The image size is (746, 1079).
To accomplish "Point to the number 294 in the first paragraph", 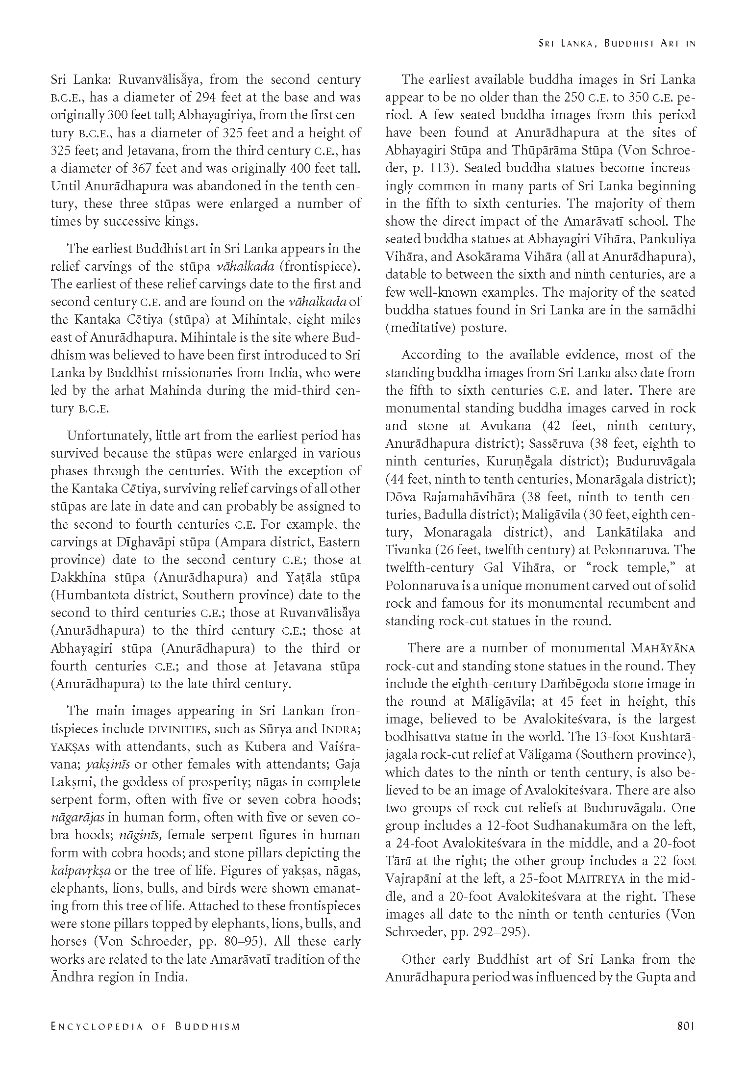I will (208, 98).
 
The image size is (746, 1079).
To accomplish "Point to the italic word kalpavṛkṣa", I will (81, 871).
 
